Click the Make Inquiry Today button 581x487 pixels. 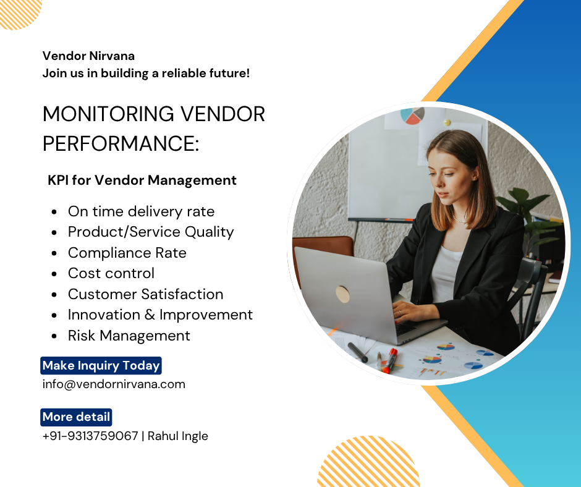pyautogui.click(x=101, y=365)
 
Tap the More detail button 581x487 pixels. pyautogui.click(x=76, y=417)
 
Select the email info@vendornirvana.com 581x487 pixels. pyautogui.click(x=114, y=384)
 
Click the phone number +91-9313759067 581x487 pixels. pyautogui.click(x=90, y=436)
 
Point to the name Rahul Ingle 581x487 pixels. pyautogui.click(x=178, y=436)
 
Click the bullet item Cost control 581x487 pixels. pyautogui.click(x=111, y=274)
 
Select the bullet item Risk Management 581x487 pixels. pyautogui.click(x=129, y=336)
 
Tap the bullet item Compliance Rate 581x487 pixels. pyautogui.click(x=127, y=253)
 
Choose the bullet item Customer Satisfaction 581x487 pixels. pyautogui.click(x=146, y=294)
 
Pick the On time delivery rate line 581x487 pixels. pyautogui.click(x=141, y=211)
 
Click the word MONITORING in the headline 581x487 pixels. pyautogui.click(x=108, y=114)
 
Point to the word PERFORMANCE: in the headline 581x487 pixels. pyautogui.click(x=121, y=143)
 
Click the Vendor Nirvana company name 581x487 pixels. pyautogui.click(x=88, y=56)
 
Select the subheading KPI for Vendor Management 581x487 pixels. pyautogui.click(x=142, y=180)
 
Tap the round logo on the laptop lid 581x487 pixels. pyautogui.click(x=343, y=294)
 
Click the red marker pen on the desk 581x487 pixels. pyautogui.click(x=389, y=361)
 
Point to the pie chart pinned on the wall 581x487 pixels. pyautogui.click(x=412, y=116)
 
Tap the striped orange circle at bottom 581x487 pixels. pyautogui.click(x=368, y=462)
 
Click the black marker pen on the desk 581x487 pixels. pyautogui.click(x=358, y=352)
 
